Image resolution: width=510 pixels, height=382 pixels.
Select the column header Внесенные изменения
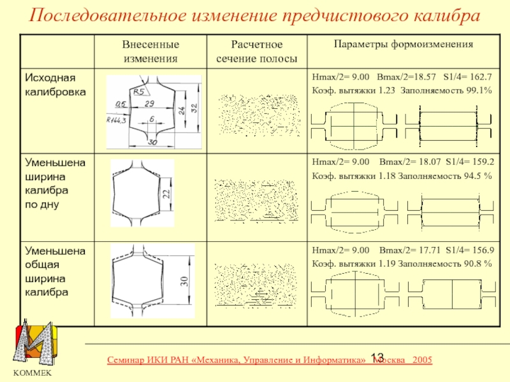point(150,52)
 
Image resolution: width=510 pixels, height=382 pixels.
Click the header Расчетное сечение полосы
point(256,52)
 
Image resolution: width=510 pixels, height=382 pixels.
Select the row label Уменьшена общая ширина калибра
point(55,271)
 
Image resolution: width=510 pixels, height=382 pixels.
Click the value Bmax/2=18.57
point(407,77)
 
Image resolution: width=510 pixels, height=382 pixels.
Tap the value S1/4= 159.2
point(470,162)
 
